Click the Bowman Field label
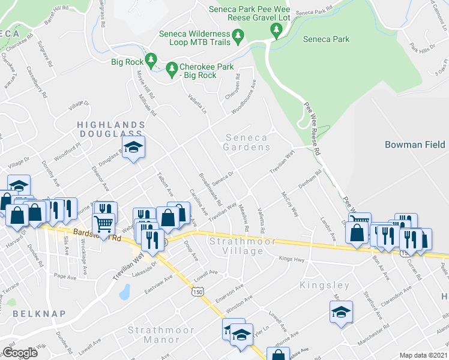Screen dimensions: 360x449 [414, 145]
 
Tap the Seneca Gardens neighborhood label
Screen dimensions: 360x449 [247, 142]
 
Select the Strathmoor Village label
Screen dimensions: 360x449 [242, 246]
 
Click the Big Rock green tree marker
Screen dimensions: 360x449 [151, 60]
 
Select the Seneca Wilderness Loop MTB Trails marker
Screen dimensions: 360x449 [238, 37]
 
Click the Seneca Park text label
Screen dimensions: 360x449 [326, 40]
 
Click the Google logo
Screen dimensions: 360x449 [20, 353]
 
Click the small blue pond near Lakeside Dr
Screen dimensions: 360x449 [124, 292]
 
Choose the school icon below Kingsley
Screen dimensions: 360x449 [340, 313]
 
